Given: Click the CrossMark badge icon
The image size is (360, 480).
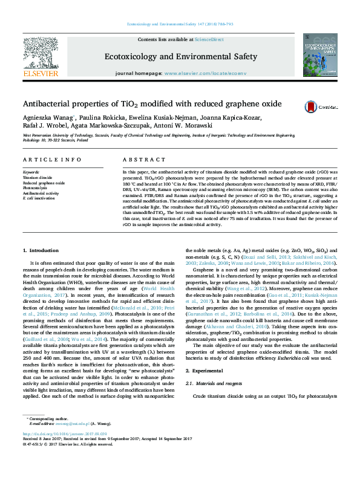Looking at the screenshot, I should (x=312, y=106).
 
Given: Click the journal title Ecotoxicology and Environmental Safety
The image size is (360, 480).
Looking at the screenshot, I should (x=181, y=57).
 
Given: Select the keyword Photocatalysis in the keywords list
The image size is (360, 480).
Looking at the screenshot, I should (x=35, y=188).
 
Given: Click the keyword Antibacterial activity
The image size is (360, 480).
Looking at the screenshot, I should (x=41, y=193).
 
